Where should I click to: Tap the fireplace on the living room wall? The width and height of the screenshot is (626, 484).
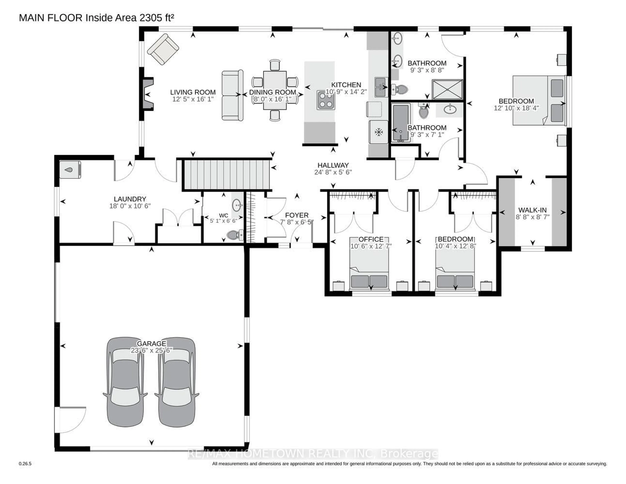click(148, 94)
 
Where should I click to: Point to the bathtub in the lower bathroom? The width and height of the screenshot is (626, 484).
click(400, 123)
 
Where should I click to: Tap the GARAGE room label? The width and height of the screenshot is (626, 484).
click(151, 343)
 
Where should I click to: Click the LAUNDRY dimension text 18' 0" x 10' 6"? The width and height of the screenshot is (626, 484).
click(130, 206)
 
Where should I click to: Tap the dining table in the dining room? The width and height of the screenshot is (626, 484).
click(275, 90)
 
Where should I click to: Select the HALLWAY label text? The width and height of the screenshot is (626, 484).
click(333, 165)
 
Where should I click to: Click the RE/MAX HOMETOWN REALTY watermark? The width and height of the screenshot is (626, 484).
click(312, 454)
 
